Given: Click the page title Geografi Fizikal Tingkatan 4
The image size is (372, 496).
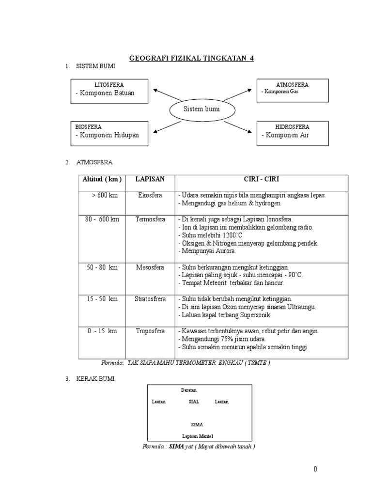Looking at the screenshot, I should [x=191, y=59].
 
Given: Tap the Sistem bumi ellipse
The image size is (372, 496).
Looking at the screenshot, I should [x=201, y=109].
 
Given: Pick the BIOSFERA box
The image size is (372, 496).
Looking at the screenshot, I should [x=109, y=132].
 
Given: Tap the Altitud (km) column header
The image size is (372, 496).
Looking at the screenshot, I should [x=102, y=179].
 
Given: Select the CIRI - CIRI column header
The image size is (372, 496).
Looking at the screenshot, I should [x=261, y=179].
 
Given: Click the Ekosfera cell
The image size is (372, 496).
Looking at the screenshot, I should [x=150, y=195].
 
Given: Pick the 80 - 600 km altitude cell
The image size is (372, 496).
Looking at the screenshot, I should [x=102, y=219].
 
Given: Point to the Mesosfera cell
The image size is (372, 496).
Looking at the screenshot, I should [x=150, y=267].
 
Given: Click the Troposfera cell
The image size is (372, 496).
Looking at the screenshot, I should [x=150, y=331].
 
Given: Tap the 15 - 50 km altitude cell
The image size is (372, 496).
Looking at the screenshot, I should [x=102, y=299].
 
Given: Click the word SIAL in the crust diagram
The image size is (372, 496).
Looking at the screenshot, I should [x=194, y=402].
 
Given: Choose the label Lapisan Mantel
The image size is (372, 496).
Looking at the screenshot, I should [x=194, y=436].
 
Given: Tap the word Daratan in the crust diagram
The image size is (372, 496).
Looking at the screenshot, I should [x=189, y=390].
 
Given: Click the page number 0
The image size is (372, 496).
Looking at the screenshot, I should [x=315, y=469].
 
